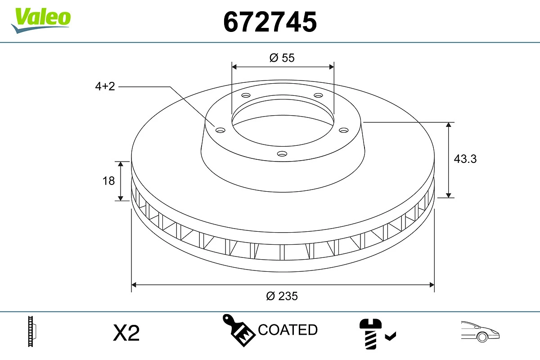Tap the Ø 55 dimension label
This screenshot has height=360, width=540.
tap(282, 58)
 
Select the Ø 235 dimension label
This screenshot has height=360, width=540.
tap(282, 296)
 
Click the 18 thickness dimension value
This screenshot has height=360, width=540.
tap(108, 181)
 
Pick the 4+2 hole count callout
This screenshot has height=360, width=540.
tap(105, 86)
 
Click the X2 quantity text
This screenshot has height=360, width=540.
tap(126, 333)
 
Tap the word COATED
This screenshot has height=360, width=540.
tap(288, 330)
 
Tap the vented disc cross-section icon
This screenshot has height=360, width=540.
tap(32, 331)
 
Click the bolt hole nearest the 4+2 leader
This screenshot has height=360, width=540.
tap(220, 130)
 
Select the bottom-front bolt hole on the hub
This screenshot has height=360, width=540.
tap(282, 153)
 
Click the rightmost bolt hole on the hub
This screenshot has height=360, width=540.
tap(344, 130)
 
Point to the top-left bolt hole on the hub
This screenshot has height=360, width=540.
tap(246, 95)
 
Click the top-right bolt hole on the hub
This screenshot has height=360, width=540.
tap(318, 95)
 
